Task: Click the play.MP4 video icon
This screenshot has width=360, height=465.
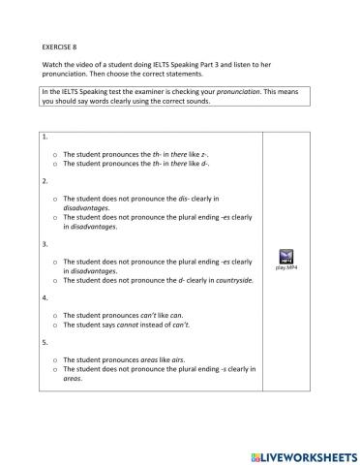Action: pos(285,257)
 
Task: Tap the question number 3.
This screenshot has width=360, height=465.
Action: pos(45,244)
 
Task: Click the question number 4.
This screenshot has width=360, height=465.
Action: pos(45,298)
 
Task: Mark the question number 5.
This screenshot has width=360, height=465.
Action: pos(45,342)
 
